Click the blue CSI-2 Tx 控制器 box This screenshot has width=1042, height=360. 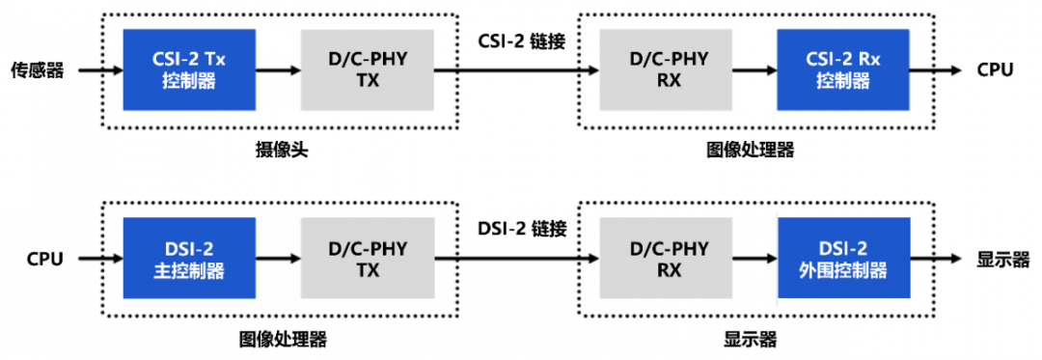click(x=188, y=69)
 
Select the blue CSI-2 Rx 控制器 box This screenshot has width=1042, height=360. click(x=842, y=69)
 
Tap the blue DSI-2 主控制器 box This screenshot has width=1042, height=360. click(x=188, y=259)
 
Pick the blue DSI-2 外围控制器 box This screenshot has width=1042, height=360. click(x=842, y=259)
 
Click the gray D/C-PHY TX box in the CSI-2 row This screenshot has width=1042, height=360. click(x=367, y=69)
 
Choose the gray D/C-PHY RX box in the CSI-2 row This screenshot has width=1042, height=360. click(x=669, y=69)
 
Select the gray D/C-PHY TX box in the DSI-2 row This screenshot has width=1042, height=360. click(x=367, y=259)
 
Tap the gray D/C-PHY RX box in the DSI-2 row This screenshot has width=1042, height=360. click(x=669, y=259)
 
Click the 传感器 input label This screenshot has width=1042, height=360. click(x=37, y=69)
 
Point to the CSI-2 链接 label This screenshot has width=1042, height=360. click(x=521, y=42)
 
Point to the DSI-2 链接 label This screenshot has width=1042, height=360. click(x=521, y=230)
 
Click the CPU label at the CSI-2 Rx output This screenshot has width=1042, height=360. click(x=995, y=69)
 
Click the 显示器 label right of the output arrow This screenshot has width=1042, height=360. click(x=1002, y=259)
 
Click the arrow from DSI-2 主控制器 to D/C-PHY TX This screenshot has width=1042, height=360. click(x=278, y=259)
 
